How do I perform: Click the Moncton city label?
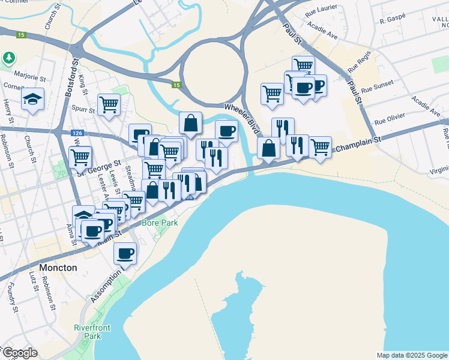click(x=58, y=268)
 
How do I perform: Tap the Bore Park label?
click(x=156, y=223)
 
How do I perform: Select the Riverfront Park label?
click(x=88, y=332)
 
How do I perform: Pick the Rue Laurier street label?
click(x=321, y=11)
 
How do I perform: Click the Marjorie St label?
click(x=31, y=78)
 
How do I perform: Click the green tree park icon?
click(x=9, y=58)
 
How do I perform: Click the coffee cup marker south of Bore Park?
click(x=125, y=254)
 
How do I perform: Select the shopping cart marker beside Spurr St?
click(x=109, y=104)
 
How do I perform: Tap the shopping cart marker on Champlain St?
click(x=320, y=146)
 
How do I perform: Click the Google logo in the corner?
click(x=19, y=353)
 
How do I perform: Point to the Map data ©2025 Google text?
click(x=412, y=355)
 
